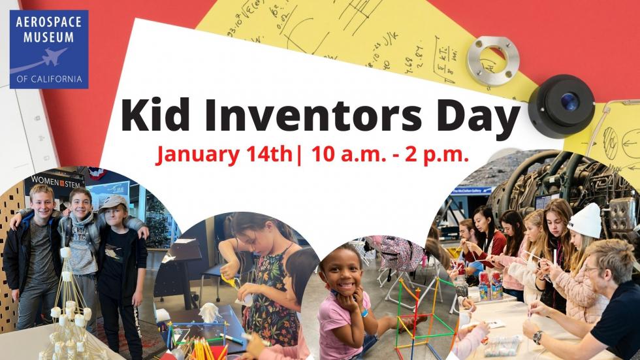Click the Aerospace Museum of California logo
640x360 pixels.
coord(48,50)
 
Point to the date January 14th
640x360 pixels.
coord(225,155)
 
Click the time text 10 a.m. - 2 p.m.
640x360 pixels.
coord(390,155)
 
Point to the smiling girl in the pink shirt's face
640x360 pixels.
coord(340,267)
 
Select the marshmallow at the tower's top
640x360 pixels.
coord(65,252)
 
